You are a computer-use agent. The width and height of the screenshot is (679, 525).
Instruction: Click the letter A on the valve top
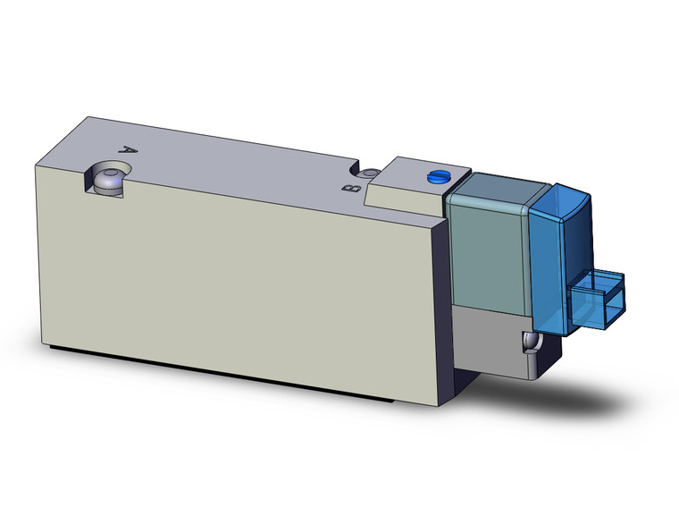127,151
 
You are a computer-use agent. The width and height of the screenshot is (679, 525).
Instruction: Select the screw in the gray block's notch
531,343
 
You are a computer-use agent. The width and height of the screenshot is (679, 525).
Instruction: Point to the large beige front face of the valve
241,277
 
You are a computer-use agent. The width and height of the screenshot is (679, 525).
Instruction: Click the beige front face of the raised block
406,202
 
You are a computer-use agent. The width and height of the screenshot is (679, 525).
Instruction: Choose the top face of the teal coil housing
500,182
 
